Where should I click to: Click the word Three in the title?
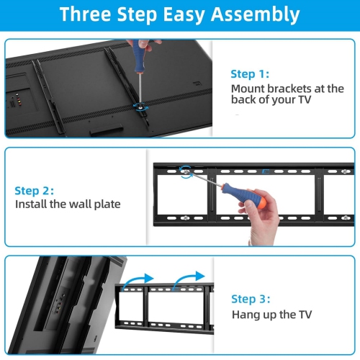[x=92, y=14]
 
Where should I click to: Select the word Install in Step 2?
[x=31, y=204]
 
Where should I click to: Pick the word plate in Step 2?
[x=107, y=204]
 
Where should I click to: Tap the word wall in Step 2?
[x=78, y=204]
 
